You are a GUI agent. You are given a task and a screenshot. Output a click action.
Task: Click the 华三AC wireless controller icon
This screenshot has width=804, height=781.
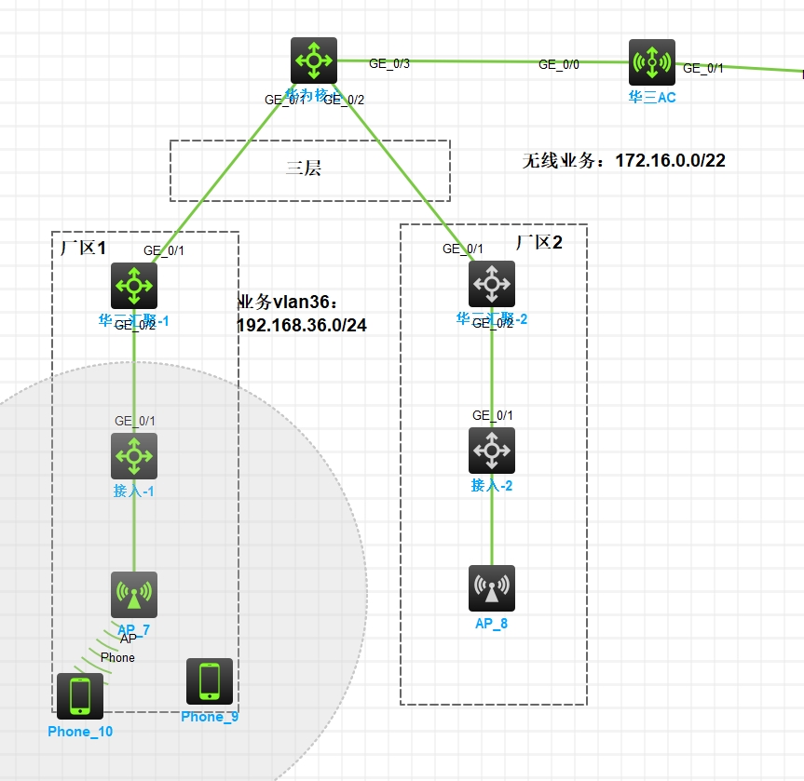(x=651, y=62)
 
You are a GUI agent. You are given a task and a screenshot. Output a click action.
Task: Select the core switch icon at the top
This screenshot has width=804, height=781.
(x=313, y=61)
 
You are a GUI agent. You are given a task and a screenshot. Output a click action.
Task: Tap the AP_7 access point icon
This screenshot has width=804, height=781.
(x=134, y=595)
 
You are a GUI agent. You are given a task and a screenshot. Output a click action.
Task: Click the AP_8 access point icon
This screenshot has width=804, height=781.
(x=492, y=588)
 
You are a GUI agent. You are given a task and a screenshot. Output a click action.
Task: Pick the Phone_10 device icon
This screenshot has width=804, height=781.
(x=80, y=696)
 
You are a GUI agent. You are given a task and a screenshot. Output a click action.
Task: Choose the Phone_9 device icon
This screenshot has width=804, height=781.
(x=210, y=681)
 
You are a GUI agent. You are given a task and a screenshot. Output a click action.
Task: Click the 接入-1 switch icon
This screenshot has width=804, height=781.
(x=134, y=456)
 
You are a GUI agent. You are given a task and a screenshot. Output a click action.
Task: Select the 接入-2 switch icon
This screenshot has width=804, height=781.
(x=492, y=451)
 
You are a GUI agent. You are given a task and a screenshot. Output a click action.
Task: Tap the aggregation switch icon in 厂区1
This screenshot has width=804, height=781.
(x=134, y=285)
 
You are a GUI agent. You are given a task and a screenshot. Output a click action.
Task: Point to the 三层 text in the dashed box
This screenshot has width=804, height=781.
(x=303, y=169)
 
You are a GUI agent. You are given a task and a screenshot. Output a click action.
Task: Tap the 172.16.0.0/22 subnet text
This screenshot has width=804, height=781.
(x=670, y=160)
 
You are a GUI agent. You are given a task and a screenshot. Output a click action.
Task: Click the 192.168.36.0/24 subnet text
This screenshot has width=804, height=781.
(x=303, y=325)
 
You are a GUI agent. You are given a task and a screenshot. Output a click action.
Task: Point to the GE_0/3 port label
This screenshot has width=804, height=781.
(x=388, y=64)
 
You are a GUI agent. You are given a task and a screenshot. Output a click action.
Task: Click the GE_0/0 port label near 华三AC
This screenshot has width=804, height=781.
(x=558, y=64)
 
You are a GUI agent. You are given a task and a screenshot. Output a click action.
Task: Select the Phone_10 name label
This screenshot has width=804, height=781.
(x=80, y=732)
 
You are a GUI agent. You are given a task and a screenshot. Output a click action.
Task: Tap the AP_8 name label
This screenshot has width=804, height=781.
(x=492, y=624)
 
